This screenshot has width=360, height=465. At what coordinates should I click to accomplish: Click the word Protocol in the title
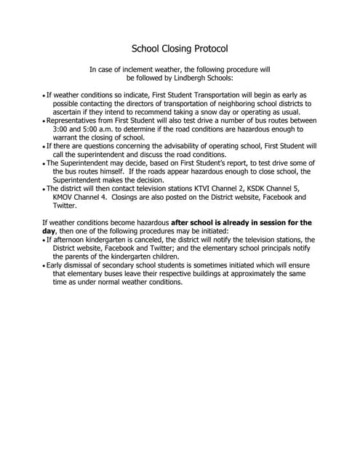tap(205, 49)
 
